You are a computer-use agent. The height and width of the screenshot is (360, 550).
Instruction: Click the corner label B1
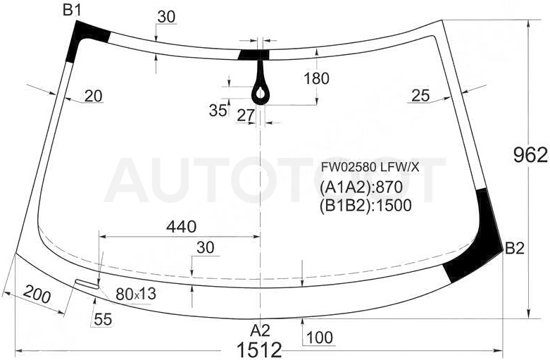(72, 11)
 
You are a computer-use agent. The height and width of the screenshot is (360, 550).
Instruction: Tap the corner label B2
(515, 249)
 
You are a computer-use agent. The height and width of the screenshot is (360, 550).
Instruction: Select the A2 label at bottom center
(261, 330)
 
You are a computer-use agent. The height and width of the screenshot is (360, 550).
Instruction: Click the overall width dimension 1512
(260, 350)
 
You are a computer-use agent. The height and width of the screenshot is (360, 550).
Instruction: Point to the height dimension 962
(530, 155)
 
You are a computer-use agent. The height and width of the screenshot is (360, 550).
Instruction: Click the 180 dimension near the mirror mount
(316, 79)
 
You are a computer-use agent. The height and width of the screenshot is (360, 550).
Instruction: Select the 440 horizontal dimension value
(182, 227)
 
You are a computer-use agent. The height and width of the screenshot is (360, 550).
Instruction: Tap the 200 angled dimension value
(37, 294)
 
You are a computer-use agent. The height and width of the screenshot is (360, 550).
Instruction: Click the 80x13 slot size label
(136, 294)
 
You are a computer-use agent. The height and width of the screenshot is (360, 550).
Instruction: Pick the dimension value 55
(103, 319)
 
